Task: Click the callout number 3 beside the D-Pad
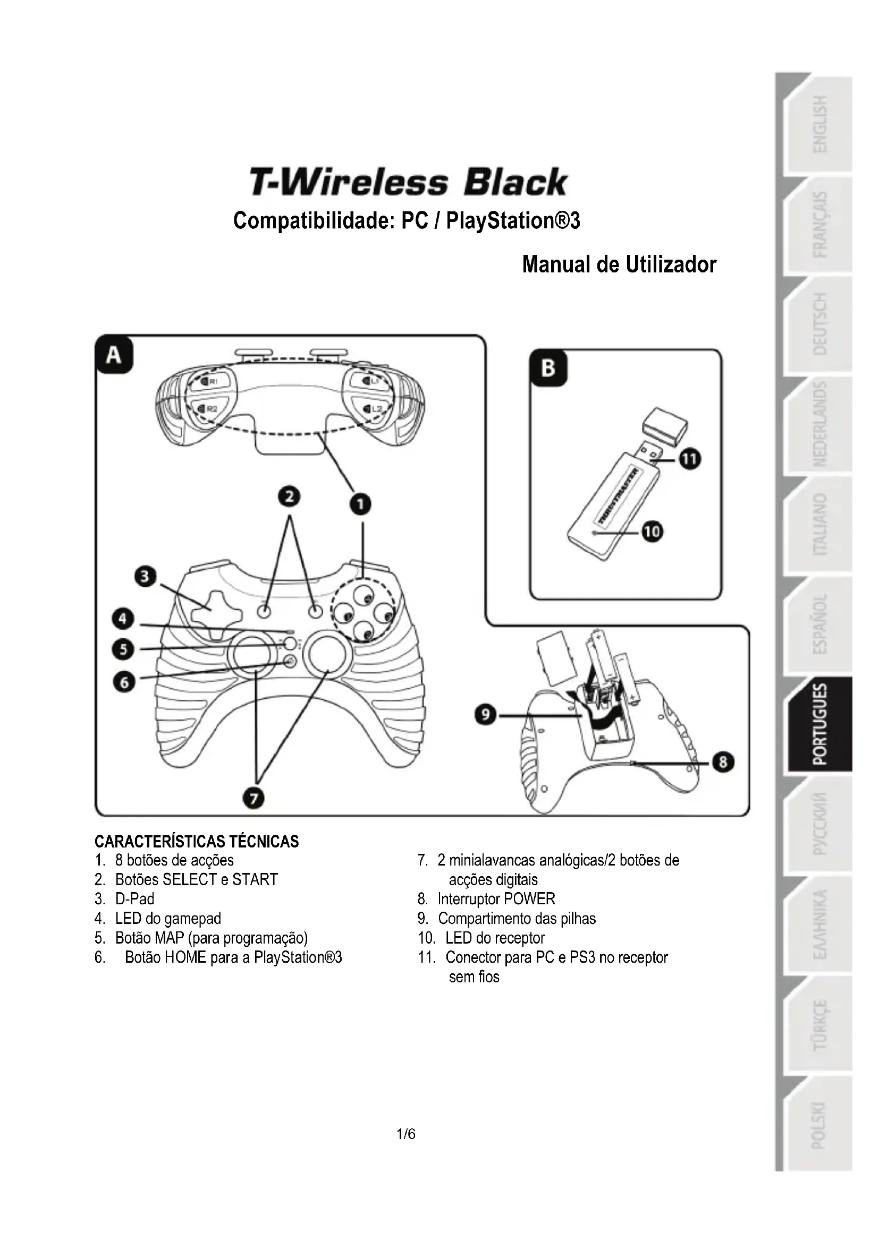145,577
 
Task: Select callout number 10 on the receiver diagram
652,532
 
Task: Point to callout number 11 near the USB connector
690,459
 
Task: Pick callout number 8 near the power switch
723,763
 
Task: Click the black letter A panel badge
114,355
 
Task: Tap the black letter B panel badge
548,369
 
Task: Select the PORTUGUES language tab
821,724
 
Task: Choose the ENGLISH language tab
821,124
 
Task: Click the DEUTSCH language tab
821,324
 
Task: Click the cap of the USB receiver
665,426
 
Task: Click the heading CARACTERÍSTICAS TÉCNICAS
197,842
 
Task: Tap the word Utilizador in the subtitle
671,265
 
